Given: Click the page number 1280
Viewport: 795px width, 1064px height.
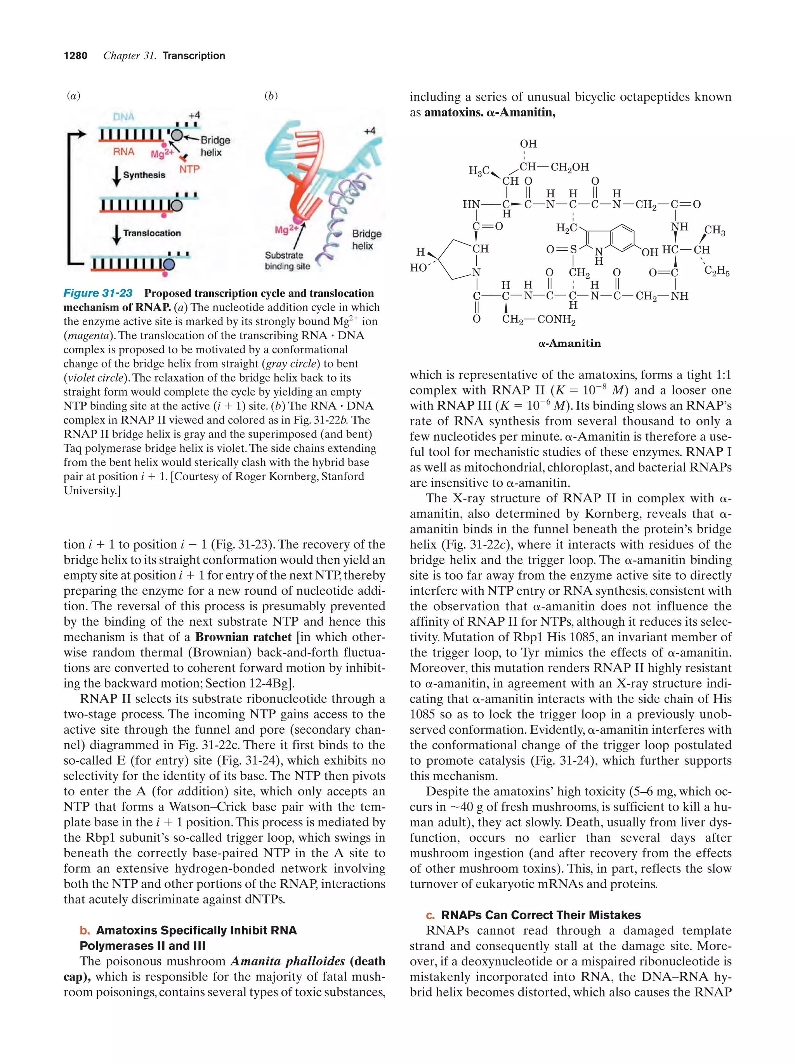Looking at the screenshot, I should coord(76,56).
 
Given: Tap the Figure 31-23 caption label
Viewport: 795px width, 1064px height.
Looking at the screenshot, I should coord(98,293).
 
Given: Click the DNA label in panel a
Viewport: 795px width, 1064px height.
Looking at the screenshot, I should coord(123,117).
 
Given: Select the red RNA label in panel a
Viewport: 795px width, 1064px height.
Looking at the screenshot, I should coord(123,152).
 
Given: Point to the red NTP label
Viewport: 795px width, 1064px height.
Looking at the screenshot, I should coord(189,169).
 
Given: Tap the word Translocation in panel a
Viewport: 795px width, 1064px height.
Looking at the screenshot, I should coord(152,233).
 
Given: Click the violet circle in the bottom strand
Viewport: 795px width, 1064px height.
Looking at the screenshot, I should coord(169,264).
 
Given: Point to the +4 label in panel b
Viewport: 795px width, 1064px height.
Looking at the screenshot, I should coord(370,131).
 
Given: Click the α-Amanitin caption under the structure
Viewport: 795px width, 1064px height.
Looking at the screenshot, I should coord(569,344).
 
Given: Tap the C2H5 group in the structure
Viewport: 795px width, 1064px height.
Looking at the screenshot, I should coord(717,272).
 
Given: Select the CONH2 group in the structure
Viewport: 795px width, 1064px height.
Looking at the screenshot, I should coord(556,319).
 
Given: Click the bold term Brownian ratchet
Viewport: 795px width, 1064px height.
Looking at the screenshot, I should coord(243,637).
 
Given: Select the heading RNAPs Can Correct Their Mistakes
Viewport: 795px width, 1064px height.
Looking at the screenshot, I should coord(541,915).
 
